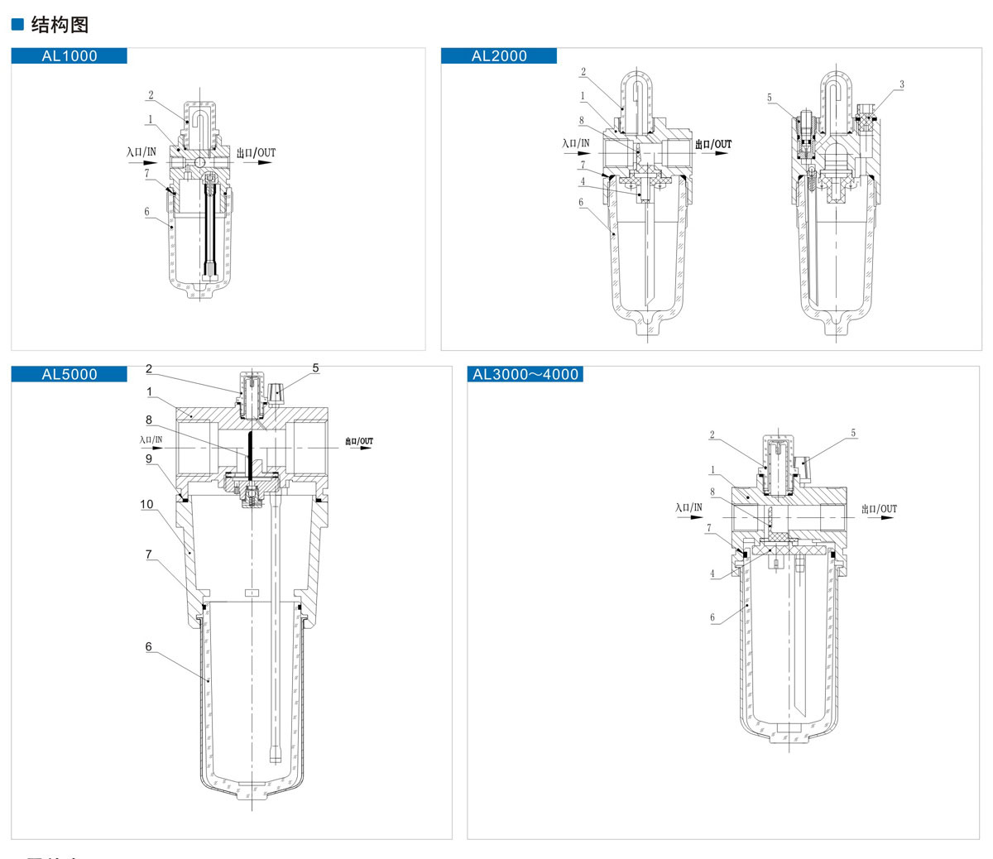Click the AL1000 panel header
[x=70, y=56]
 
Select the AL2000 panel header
[x=499, y=56]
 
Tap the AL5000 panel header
[x=70, y=374]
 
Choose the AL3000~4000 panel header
[x=525, y=374]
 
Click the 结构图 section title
[x=60, y=25]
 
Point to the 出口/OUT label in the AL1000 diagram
[x=256, y=152]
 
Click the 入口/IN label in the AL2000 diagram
[x=576, y=143]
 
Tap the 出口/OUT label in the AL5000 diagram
[x=359, y=441]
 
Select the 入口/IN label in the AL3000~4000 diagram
[x=688, y=507]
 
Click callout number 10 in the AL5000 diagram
[x=146, y=504]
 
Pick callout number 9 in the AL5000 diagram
[x=149, y=458]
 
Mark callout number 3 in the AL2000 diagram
[x=902, y=84]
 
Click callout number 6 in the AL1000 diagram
[x=147, y=212]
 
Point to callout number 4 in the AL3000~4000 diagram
[x=712, y=573]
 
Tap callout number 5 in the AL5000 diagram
[x=315, y=367]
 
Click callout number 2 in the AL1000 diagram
[x=151, y=95]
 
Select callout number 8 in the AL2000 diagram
[x=582, y=121]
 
